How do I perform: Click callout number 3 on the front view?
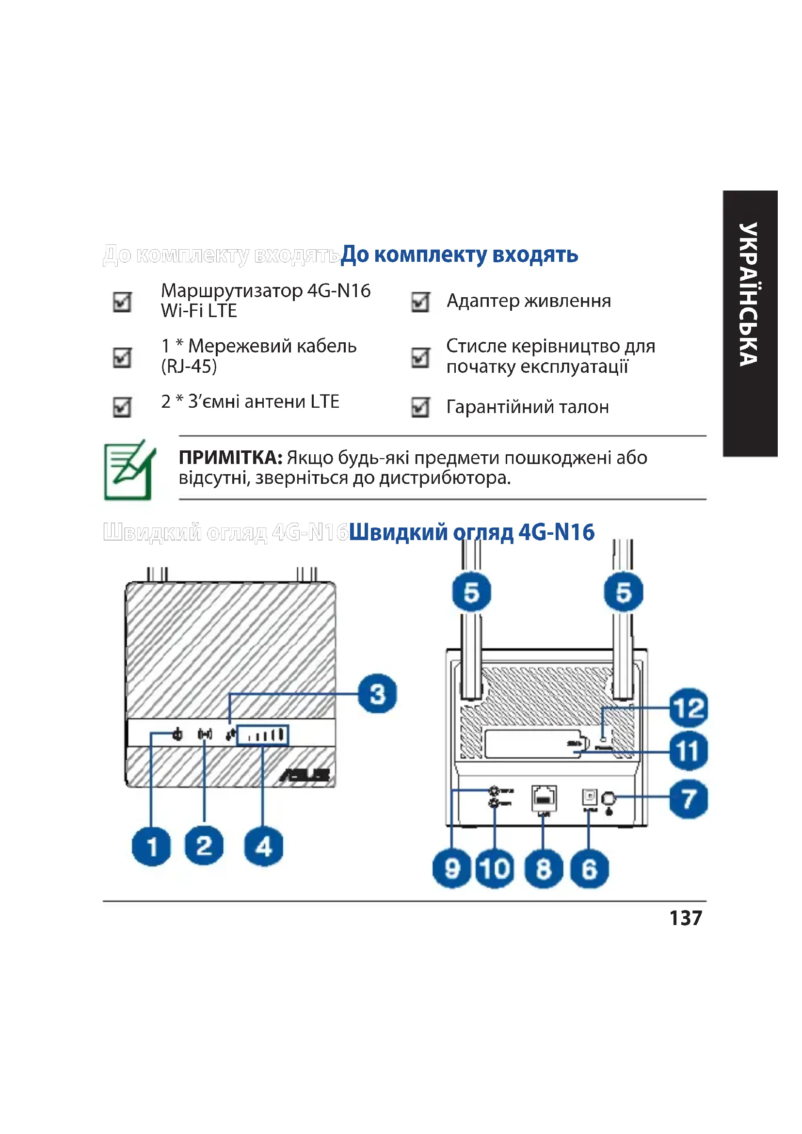click(x=377, y=694)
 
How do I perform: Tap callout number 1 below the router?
click(x=151, y=847)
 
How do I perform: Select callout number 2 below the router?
click(x=204, y=846)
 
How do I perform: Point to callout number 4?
click(x=264, y=847)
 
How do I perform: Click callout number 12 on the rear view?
click(x=689, y=708)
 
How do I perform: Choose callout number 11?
click(x=689, y=751)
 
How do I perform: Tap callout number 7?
click(x=689, y=799)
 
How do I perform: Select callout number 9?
click(x=452, y=869)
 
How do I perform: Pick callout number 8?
click(x=543, y=869)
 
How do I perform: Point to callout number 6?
click(x=589, y=869)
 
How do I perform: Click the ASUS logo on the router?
click(x=305, y=774)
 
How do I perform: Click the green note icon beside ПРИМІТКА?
click(x=129, y=470)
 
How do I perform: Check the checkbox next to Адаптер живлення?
click(x=420, y=302)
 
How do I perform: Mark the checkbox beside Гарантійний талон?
click(x=420, y=407)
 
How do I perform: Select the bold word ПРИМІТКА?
click(x=230, y=458)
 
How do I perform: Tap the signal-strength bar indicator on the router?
click(x=263, y=735)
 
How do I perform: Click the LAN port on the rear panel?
click(x=544, y=798)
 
